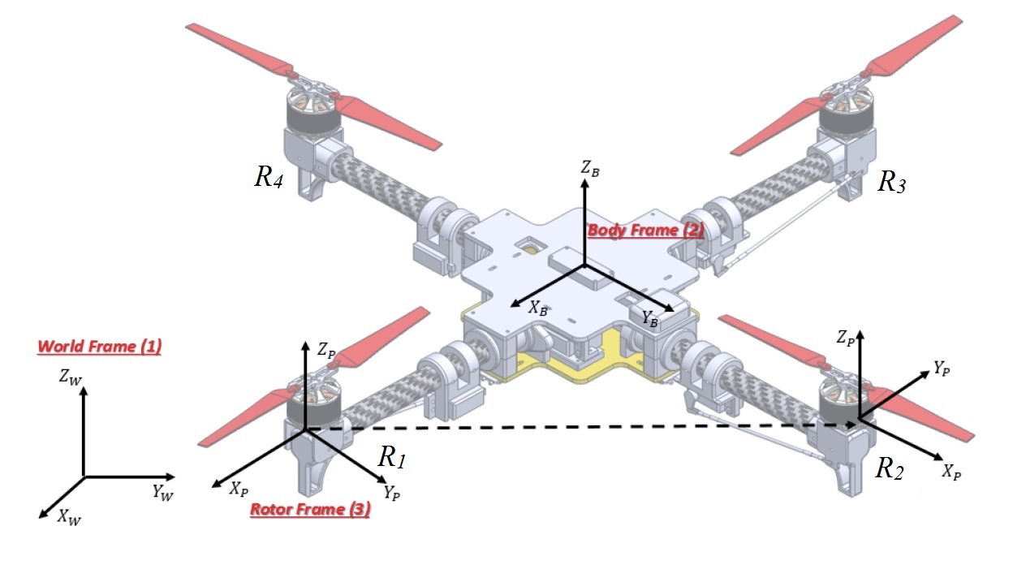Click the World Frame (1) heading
point(99,347)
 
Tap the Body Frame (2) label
point(646,230)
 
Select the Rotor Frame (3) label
point(310,510)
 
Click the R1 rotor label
point(391,458)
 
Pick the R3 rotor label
point(891,183)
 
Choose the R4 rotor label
point(269,178)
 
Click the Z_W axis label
point(70,376)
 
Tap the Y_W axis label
point(162,492)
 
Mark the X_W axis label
point(68,518)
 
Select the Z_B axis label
point(590,169)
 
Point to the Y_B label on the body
point(650,319)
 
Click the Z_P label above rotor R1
point(325,351)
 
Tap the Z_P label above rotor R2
point(846,337)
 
